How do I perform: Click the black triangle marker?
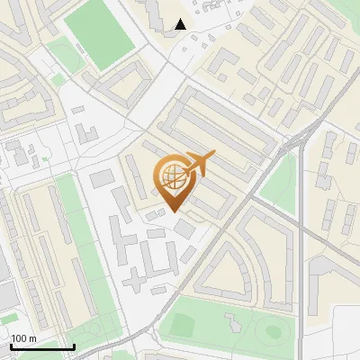pyautogui.click(x=181, y=24)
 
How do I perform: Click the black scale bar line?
pyautogui.click(x=41, y=347)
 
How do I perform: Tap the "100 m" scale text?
pyautogui.click(x=24, y=338)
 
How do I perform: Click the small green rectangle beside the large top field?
pyautogui.click(x=64, y=55)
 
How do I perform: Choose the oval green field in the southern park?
pyautogui.click(x=271, y=331)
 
